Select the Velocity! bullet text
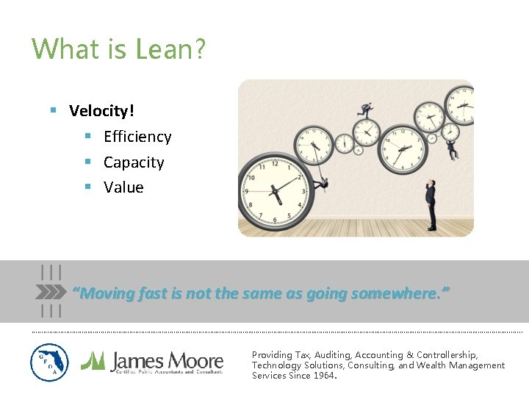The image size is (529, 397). tap(101, 111)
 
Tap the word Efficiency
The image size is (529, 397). tap(137, 137)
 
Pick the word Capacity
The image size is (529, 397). tap(134, 162)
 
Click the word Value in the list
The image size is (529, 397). tap(123, 187)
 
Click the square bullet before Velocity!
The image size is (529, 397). tap(53, 111)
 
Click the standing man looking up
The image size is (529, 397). tap(431, 205)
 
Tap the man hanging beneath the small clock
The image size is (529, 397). tap(452, 149)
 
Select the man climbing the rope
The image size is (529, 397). tap(324, 184)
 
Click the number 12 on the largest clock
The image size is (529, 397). tap(275, 163)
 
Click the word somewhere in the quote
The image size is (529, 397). tap(397, 293)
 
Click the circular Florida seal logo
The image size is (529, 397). tap(49, 362)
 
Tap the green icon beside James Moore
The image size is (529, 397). tap(93, 360)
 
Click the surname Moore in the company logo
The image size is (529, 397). tap(195, 360)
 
